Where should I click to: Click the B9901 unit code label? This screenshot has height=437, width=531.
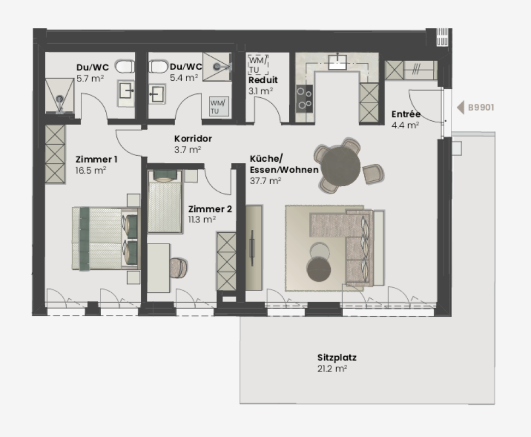coord(481,108)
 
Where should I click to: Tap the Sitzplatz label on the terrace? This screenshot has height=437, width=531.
coord(337,358)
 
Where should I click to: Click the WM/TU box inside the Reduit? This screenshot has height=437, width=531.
coord(258,64)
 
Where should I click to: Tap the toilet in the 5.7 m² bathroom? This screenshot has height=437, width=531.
coord(125,67)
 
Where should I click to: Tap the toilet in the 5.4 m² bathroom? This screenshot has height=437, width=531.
coord(158,67)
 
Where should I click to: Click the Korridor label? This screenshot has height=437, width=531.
coord(193,139)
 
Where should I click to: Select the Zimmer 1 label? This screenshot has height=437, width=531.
coord(97,160)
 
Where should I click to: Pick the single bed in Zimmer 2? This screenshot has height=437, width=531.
coord(165,202)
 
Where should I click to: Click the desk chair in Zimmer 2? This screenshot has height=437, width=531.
coord(179,267)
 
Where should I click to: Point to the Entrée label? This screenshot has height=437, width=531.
coord(405,115)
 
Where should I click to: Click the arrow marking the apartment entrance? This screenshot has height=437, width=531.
coord(460,108)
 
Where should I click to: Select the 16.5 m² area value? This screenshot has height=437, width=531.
coord(91,170)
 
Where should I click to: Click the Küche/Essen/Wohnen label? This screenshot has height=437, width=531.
coord(284,164)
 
